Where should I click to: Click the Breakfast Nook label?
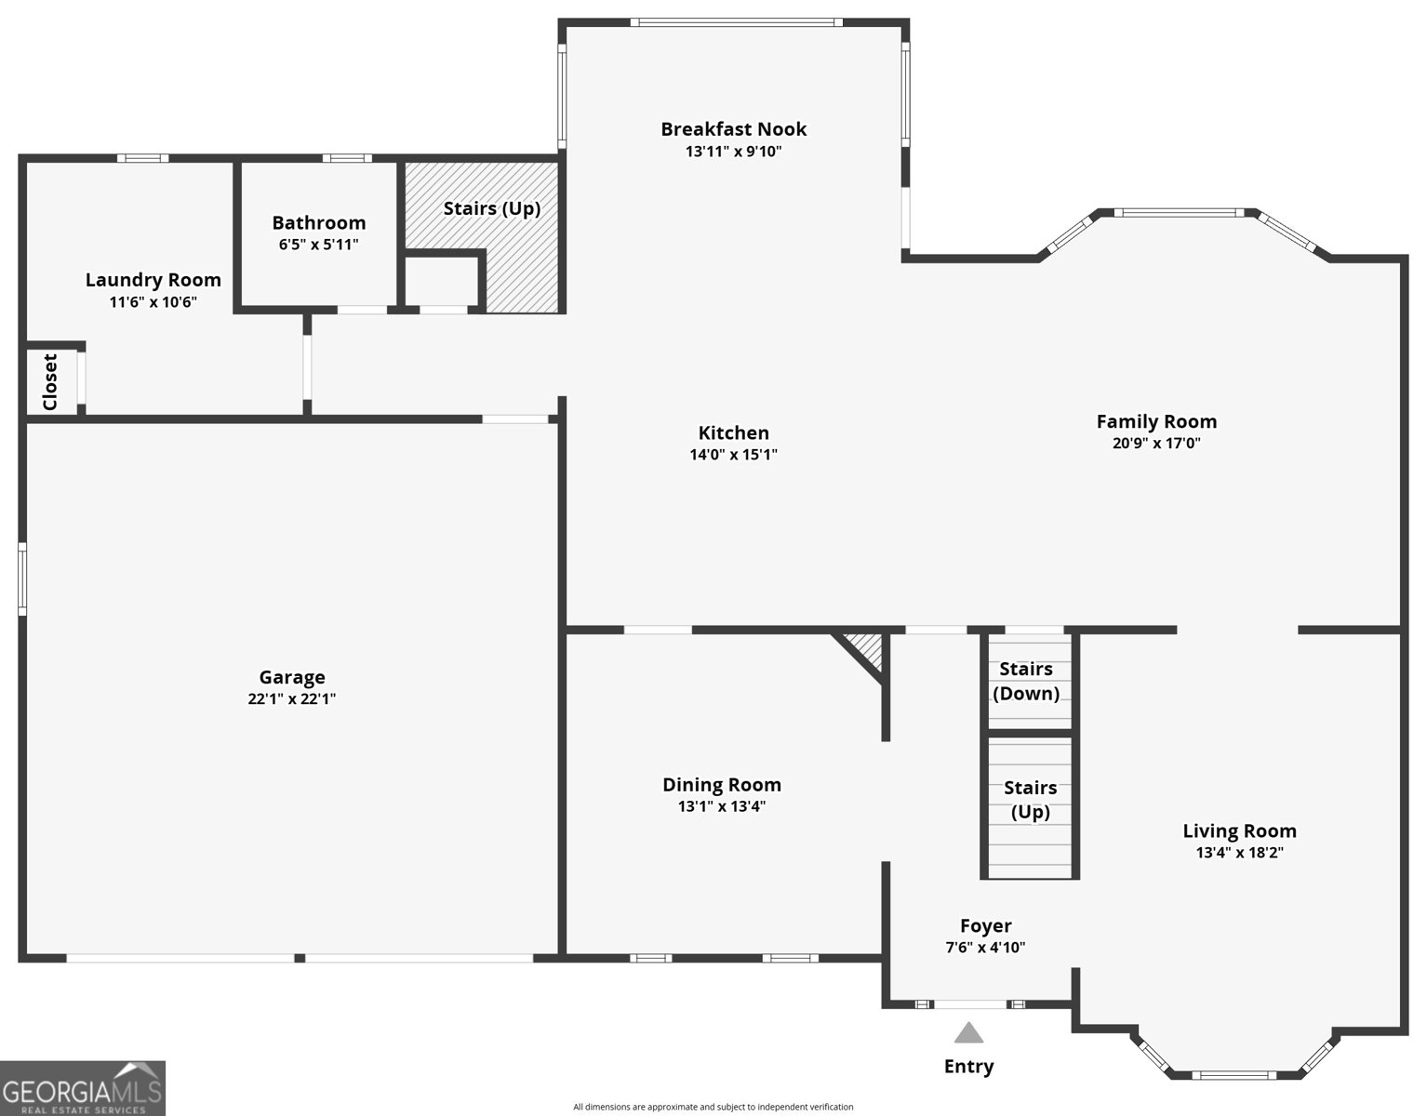(x=734, y=129)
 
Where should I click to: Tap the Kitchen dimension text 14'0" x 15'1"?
(x=734, y=454)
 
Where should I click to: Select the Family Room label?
(x=1156, y=421)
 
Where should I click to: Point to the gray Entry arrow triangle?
(x=968, y=1032)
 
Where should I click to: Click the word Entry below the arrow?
(x=968, y=1067)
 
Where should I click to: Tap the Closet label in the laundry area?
(x=50, y=381)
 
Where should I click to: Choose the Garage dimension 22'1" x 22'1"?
(x=291, y=698)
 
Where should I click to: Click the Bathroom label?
(x=318, y=222)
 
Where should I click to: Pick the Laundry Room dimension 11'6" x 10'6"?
(x=153, y=302)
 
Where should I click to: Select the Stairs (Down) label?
(x=1026, y=682)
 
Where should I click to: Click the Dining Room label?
(x=722, y=785)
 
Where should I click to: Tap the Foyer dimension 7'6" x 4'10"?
(x=985, y=948)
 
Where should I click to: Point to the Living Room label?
(x=1239, y=831)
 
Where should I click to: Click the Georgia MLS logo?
(x=83, y=1088)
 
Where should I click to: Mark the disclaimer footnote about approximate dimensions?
(x=713, y=1107)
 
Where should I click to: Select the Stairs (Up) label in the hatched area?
(x=492, y=208)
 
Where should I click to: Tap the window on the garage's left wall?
(x=22, y=578)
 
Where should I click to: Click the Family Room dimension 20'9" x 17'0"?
(x=1156, y=443)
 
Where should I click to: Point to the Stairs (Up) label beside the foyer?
(x=1030, y=800)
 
